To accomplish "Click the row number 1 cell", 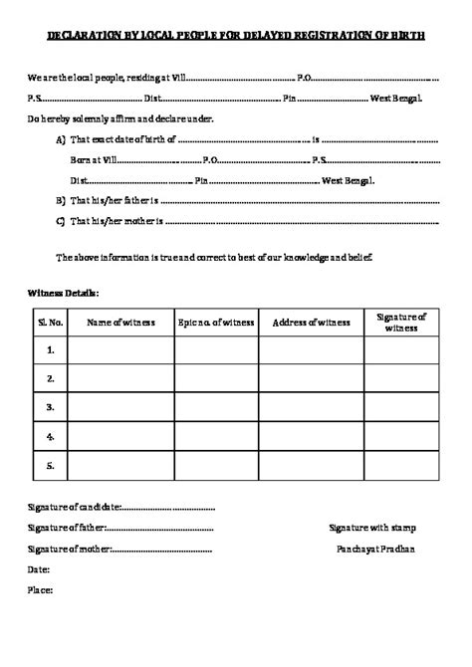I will (x=51, y=349).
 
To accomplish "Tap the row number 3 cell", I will (x=51, y=407).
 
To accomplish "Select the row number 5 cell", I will (x=51, y=465).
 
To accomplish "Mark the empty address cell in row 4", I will (x=311, y=436).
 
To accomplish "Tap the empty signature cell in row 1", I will (x=401, y=349).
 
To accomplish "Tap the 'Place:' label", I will (x=41, y=590).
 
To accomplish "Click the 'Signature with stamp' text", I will (x=372, y=528).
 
